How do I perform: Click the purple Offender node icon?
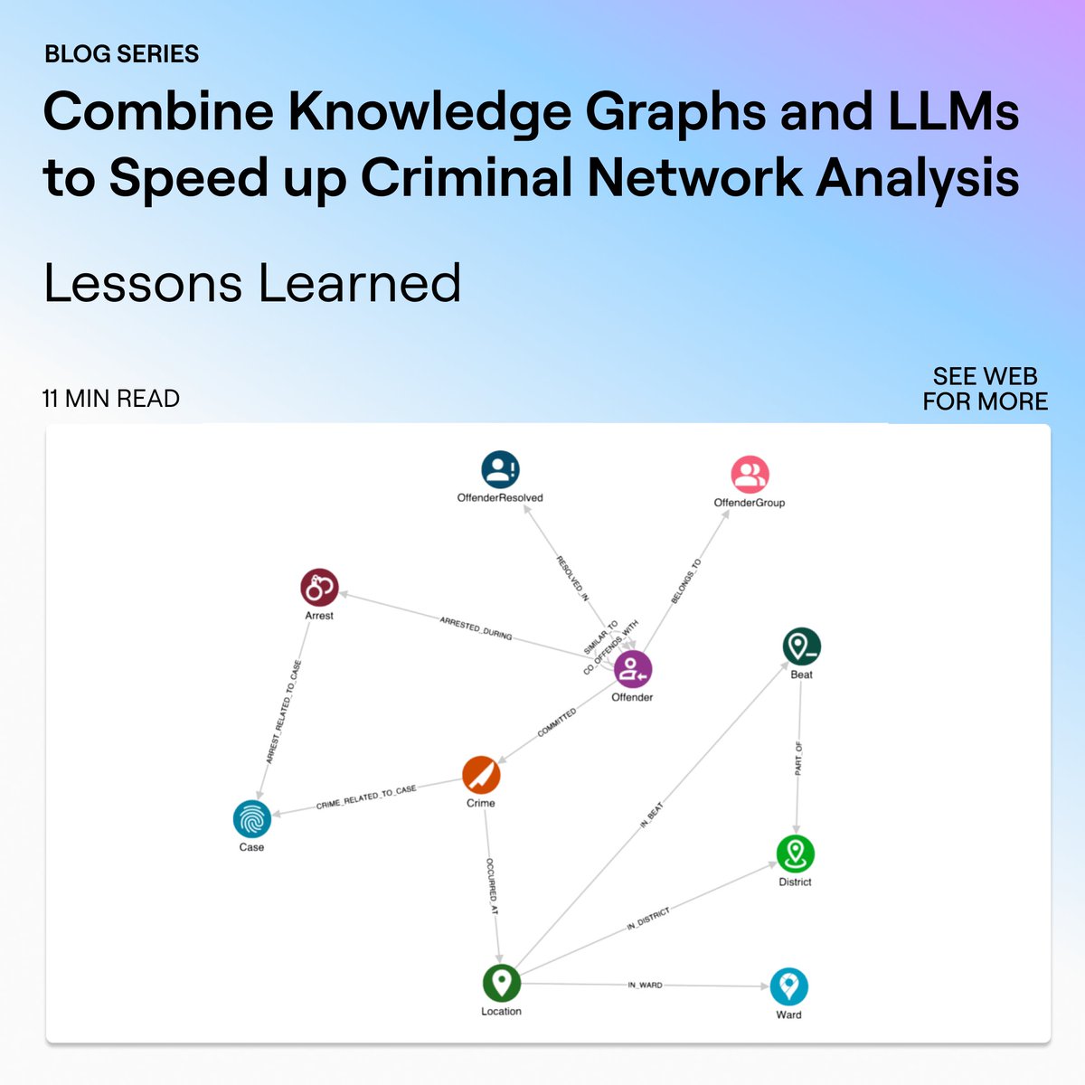(x=633, y=670)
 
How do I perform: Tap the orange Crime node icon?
(x=481, y=775)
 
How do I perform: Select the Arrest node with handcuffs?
(x=319, y=588)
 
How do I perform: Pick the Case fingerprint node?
(x=252, y=819)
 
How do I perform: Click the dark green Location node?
(x=501, y=983)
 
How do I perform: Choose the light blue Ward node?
(x=788, y=986)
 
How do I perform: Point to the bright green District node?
(x=796, y=854)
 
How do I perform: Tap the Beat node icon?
(x=801, y=646)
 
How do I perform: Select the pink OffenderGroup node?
(x=750, y=475)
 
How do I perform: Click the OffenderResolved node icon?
(x=500, y=470)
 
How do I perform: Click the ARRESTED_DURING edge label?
(x=476, y=628)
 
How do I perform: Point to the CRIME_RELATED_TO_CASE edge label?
(x=366, y=797)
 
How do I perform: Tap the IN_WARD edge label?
(x=645, y=985)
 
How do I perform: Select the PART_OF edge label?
(x=798, y=759)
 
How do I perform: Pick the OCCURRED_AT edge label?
(x=492, y=886)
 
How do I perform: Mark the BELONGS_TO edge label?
(x=687, y=581)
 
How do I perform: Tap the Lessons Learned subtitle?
(x=252, y=283)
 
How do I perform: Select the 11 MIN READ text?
(x=111, y=399)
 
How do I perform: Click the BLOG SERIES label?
(x=122, y=54)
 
